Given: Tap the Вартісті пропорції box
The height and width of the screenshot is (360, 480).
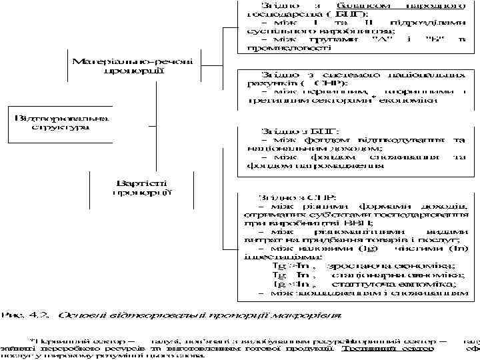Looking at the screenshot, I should click(x=142, y=187).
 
